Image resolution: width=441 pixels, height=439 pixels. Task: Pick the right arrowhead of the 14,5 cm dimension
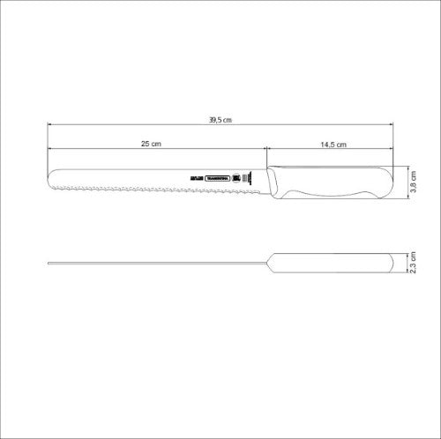392,150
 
